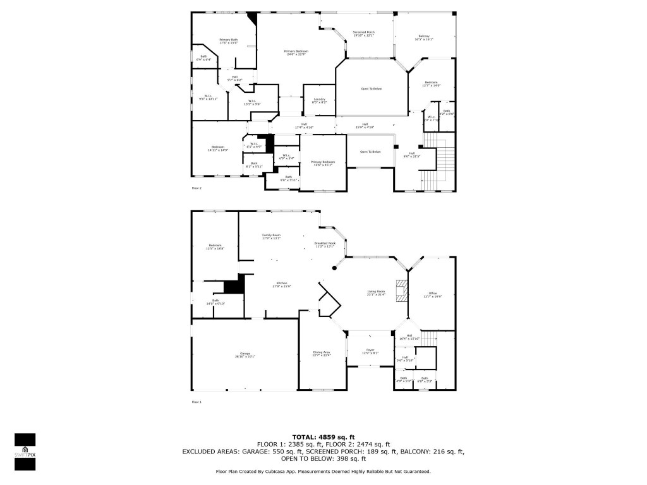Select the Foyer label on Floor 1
click(370, 350)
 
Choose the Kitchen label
click(281, 284)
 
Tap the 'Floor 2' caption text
click(197, 188)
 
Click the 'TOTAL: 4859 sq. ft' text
click(323, 437)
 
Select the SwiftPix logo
click(25, 452)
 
